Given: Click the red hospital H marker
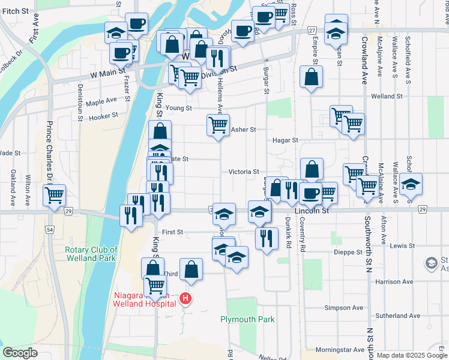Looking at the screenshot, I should click(x=186, y=298).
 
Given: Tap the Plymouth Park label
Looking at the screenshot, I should click(x=247, y=319).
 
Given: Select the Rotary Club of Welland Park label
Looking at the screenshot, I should click(x=91, y=254).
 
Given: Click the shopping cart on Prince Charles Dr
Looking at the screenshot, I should click(x=55, y=195).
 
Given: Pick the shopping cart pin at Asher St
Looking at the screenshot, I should click(x=218, y=125).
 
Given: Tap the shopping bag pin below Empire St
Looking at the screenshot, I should click(x=312, y=77).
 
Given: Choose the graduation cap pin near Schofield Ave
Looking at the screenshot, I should click(x=411, y=184).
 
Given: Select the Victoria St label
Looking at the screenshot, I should click(x=243, y=172).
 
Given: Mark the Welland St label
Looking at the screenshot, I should click(x=387, y=96).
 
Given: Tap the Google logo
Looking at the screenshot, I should click(x=20, y=353).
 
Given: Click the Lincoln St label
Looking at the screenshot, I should click(x=312, y=211).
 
